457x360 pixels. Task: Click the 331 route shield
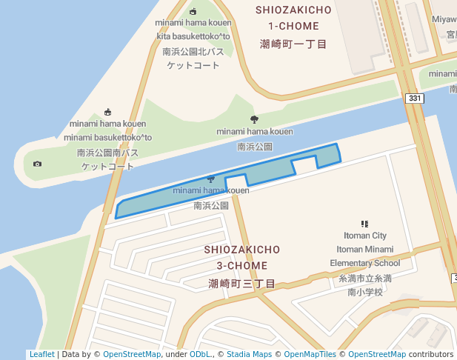tap(415, 98)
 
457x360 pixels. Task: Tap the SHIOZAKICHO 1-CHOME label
tap(288, 18)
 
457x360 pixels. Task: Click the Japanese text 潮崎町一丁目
tap(293, 44)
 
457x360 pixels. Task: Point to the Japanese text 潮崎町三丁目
tap(241, 284)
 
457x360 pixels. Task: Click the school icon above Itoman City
tap(364, 223)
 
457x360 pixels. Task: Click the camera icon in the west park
tap(38, 164)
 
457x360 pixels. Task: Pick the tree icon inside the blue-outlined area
tap(211, 179)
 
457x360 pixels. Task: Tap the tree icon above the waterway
tap(255, 119)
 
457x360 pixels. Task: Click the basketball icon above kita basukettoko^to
tap(193, 11)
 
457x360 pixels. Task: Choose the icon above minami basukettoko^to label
tap(107, 112)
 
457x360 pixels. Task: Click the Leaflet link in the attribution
tap(41, 355)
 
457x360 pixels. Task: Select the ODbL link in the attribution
tap(200, 355)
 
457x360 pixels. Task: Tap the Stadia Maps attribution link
tap(249, 355)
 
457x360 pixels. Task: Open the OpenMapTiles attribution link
tap(306, 355)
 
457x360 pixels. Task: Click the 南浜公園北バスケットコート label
tap(193, 59)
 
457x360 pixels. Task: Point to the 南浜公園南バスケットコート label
tap(107, 159)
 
